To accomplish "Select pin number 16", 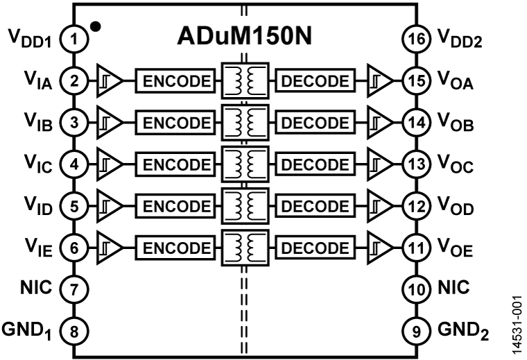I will click(416, 40).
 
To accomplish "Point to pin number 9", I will click(416, 331).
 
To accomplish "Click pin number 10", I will click(416, 289).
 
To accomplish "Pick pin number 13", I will click(416, 164).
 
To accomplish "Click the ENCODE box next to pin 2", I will click(176, 81).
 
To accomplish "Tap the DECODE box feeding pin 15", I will click(316, 81).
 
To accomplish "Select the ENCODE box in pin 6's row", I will click(176, 248).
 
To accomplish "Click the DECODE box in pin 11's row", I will click(316, 248).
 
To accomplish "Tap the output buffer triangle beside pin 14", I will click(379, 123).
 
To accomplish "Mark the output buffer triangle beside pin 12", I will click(379, 206).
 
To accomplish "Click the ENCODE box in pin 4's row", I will click(176, 164).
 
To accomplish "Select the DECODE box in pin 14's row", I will click(316, 123).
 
